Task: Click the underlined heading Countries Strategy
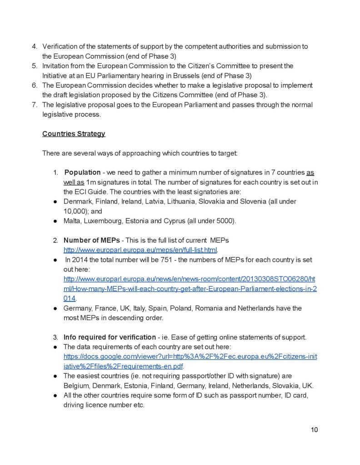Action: tap(74, 134)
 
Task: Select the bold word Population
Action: tap(82, 172)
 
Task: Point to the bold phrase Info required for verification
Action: tap(110, 337)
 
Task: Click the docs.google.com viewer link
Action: tap(190, 357)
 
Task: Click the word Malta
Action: tap(72, 221)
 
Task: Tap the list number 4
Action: tap(34, 46)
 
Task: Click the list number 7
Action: tap(34, 104)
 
